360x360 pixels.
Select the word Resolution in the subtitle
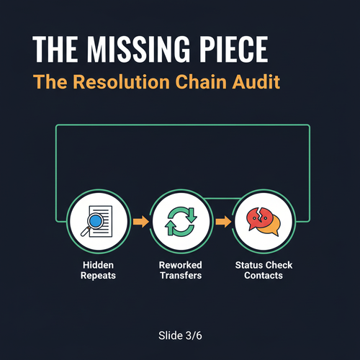tap(122, 82)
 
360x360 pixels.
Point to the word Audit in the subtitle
tap(256, 82)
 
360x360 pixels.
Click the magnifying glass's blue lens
tap(95, 220)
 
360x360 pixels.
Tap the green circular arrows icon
tap(181, 222)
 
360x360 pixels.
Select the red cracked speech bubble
tap(259, 219)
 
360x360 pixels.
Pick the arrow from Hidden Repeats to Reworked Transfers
tap(140, 221)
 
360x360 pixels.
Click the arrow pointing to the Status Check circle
tap(223, 221)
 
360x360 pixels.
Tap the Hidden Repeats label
tap(98, 270)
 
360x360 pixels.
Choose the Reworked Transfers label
tap(181, 270)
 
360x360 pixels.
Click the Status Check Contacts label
tap(264, 270)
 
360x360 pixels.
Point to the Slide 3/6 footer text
tap(180, 336)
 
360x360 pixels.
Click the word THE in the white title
tap(55, 49)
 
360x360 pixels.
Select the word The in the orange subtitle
tap(50, 82)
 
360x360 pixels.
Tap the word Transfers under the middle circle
tap(181, 276)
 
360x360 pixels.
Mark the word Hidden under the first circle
tap(98, 265)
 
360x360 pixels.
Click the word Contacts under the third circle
tap(264, 276)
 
